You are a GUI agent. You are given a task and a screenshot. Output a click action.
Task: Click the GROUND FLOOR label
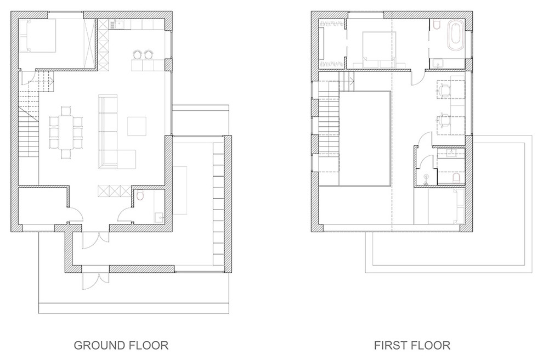121,345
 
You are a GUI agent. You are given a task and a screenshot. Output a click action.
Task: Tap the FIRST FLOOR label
412,345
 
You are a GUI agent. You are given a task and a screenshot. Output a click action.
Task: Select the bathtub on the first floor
455,36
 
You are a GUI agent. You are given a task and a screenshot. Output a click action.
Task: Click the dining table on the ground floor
66,132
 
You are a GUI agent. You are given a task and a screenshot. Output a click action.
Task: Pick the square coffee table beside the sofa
137,126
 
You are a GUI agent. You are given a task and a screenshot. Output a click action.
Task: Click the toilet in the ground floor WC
140,196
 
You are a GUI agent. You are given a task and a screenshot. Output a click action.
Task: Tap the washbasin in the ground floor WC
159,217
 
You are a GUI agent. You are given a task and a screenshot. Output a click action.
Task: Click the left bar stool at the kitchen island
137,54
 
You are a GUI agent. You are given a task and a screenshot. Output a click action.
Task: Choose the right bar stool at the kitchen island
149,54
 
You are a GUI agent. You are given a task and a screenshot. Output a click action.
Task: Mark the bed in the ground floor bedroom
37,36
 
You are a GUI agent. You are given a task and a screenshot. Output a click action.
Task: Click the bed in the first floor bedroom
378,50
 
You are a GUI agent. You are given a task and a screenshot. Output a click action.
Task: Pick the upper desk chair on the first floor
444,90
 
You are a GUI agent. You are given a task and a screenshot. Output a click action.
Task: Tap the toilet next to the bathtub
437,25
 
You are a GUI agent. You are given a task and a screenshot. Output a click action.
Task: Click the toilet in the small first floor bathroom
456,178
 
